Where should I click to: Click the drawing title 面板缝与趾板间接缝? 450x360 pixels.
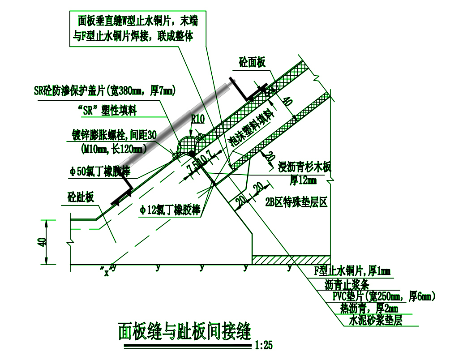(184, 331)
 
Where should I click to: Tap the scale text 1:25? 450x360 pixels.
(263, 345)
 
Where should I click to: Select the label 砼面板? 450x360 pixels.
(252, 62)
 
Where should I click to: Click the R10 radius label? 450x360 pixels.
(197, 120)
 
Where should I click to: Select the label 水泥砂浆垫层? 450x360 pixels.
(375, 321)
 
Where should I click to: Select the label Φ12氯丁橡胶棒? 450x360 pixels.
(170, 210)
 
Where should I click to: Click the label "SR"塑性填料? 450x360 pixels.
(107, 111)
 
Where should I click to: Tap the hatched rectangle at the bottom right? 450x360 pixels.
(291, 260)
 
